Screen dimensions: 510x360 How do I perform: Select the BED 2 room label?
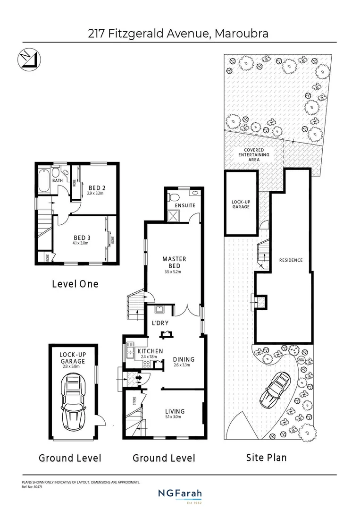[97, 188]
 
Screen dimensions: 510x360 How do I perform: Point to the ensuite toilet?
[174, 197]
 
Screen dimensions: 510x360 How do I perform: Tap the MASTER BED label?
[174, 263]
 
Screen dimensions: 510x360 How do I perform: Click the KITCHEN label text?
[150, 351]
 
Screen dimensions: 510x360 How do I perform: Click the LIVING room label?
[174, 411]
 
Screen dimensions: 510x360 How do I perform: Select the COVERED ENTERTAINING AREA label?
[253, 154]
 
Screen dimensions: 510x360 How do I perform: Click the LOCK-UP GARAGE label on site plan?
[241, 204]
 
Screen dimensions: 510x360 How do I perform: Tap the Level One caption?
[75, 284]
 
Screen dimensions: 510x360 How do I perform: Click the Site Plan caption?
[267, 457]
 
